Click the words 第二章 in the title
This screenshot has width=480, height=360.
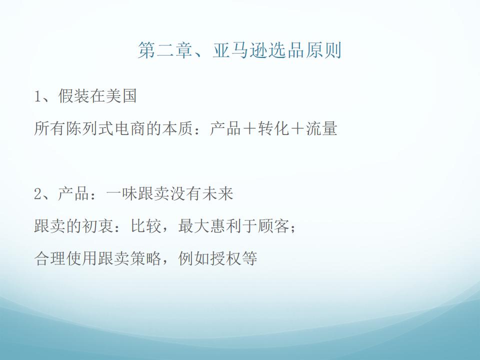165,50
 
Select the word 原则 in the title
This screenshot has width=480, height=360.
323,50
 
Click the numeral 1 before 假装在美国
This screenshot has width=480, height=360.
37,96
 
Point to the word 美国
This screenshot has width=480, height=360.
121,96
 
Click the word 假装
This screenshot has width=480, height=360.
73,96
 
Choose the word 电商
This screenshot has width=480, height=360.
130,128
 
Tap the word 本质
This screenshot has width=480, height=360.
177,128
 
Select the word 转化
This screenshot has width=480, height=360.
273,128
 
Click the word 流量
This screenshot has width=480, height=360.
321,128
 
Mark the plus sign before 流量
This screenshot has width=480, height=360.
297,128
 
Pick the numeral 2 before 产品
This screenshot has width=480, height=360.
37,194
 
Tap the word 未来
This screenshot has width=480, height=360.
217,193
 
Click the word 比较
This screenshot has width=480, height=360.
146,226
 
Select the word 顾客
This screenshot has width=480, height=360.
273,226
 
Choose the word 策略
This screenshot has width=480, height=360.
146,258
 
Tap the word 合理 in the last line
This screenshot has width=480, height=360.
49,258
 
